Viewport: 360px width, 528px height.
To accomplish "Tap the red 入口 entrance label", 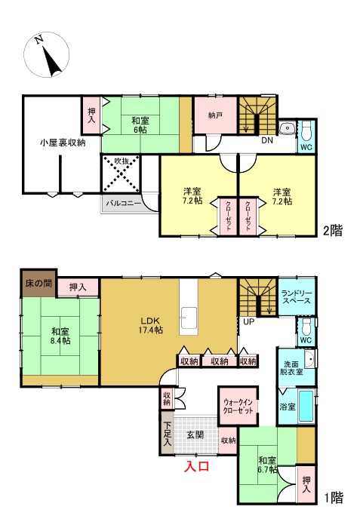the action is pos(197,466).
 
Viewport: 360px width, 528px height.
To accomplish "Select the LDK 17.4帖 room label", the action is pos(150,325).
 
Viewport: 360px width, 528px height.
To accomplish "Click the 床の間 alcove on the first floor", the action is pos(38,283).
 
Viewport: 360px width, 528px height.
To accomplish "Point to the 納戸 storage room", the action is pos(215,115).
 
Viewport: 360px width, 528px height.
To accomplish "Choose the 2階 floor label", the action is pos(333,230).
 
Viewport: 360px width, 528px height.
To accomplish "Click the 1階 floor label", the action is pos(334,497).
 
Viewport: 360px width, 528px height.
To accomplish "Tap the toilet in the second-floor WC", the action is pos(306,132).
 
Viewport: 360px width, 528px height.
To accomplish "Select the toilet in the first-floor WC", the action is pos(306,325).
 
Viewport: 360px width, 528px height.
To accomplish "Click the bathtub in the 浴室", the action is pos(306,406).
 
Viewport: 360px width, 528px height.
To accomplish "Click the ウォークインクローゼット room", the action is pos(238,406).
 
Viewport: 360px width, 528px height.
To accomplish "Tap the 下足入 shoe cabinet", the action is pos(167,434).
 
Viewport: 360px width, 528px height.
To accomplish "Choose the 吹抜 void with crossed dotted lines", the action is pos(121,173).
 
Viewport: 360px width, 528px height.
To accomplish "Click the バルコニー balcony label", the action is pos(124,203).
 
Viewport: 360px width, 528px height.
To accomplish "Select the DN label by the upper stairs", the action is pos(267,140).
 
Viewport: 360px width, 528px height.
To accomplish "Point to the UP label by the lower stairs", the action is pos(248,322).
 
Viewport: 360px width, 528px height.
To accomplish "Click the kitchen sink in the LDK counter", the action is pos(188,318).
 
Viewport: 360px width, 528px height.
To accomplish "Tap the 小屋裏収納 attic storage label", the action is pos(63,143).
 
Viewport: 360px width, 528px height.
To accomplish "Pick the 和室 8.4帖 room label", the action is pos(60,336).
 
